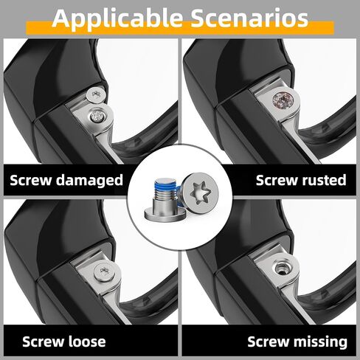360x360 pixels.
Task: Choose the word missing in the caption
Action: pos(318,342)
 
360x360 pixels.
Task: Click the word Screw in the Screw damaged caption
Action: pos(33,180)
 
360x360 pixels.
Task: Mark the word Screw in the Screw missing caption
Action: pos(267,342)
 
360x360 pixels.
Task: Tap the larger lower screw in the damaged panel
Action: pos(97,114)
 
